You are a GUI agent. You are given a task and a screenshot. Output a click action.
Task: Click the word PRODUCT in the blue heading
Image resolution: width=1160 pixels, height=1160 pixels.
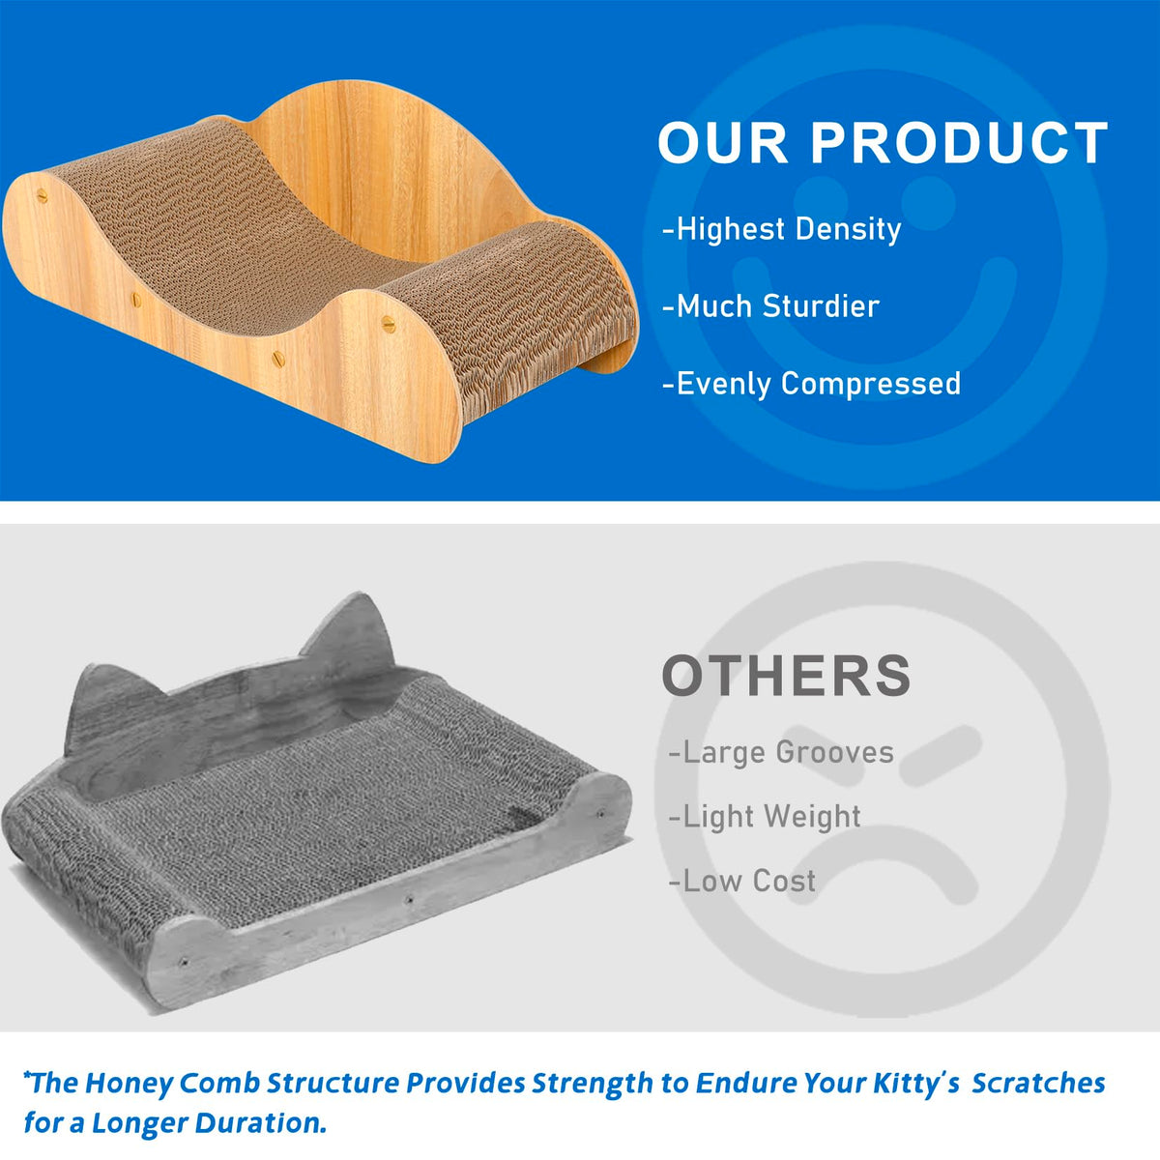tap(959, 142)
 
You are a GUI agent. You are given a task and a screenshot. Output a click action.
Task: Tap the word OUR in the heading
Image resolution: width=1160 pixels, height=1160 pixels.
tap(723, 142)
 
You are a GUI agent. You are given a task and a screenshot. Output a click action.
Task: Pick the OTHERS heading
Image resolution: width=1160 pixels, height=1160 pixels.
tap(786, 676)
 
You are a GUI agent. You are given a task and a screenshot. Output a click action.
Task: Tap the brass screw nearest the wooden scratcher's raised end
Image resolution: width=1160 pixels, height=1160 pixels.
tap(389, 324)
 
